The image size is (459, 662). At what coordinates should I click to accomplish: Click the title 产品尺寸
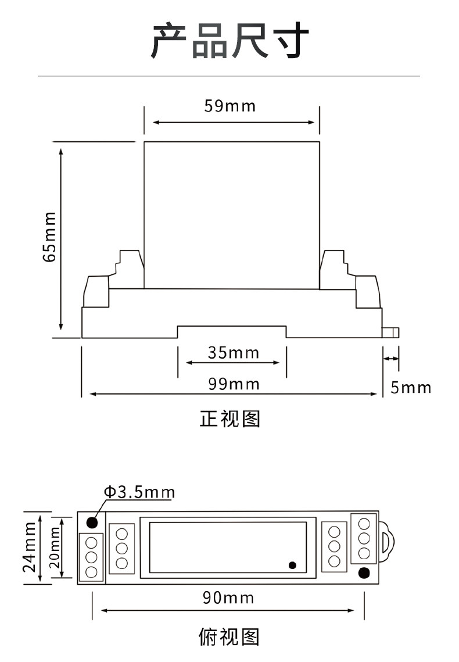[230, 41]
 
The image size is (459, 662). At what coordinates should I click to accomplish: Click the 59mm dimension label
[230, 106]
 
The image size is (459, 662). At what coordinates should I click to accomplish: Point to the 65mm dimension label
[49, 237]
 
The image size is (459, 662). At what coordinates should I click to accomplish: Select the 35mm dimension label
[234, 353]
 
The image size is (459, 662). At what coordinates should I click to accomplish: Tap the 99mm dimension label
[234, 384]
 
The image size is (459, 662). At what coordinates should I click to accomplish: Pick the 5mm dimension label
[410, 388]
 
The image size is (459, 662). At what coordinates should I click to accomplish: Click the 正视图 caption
[230, 419]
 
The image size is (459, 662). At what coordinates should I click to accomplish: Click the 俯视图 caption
[229, 637]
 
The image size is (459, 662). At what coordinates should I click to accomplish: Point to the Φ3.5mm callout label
[139, 492]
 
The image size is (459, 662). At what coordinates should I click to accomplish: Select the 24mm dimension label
[30, 547]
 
